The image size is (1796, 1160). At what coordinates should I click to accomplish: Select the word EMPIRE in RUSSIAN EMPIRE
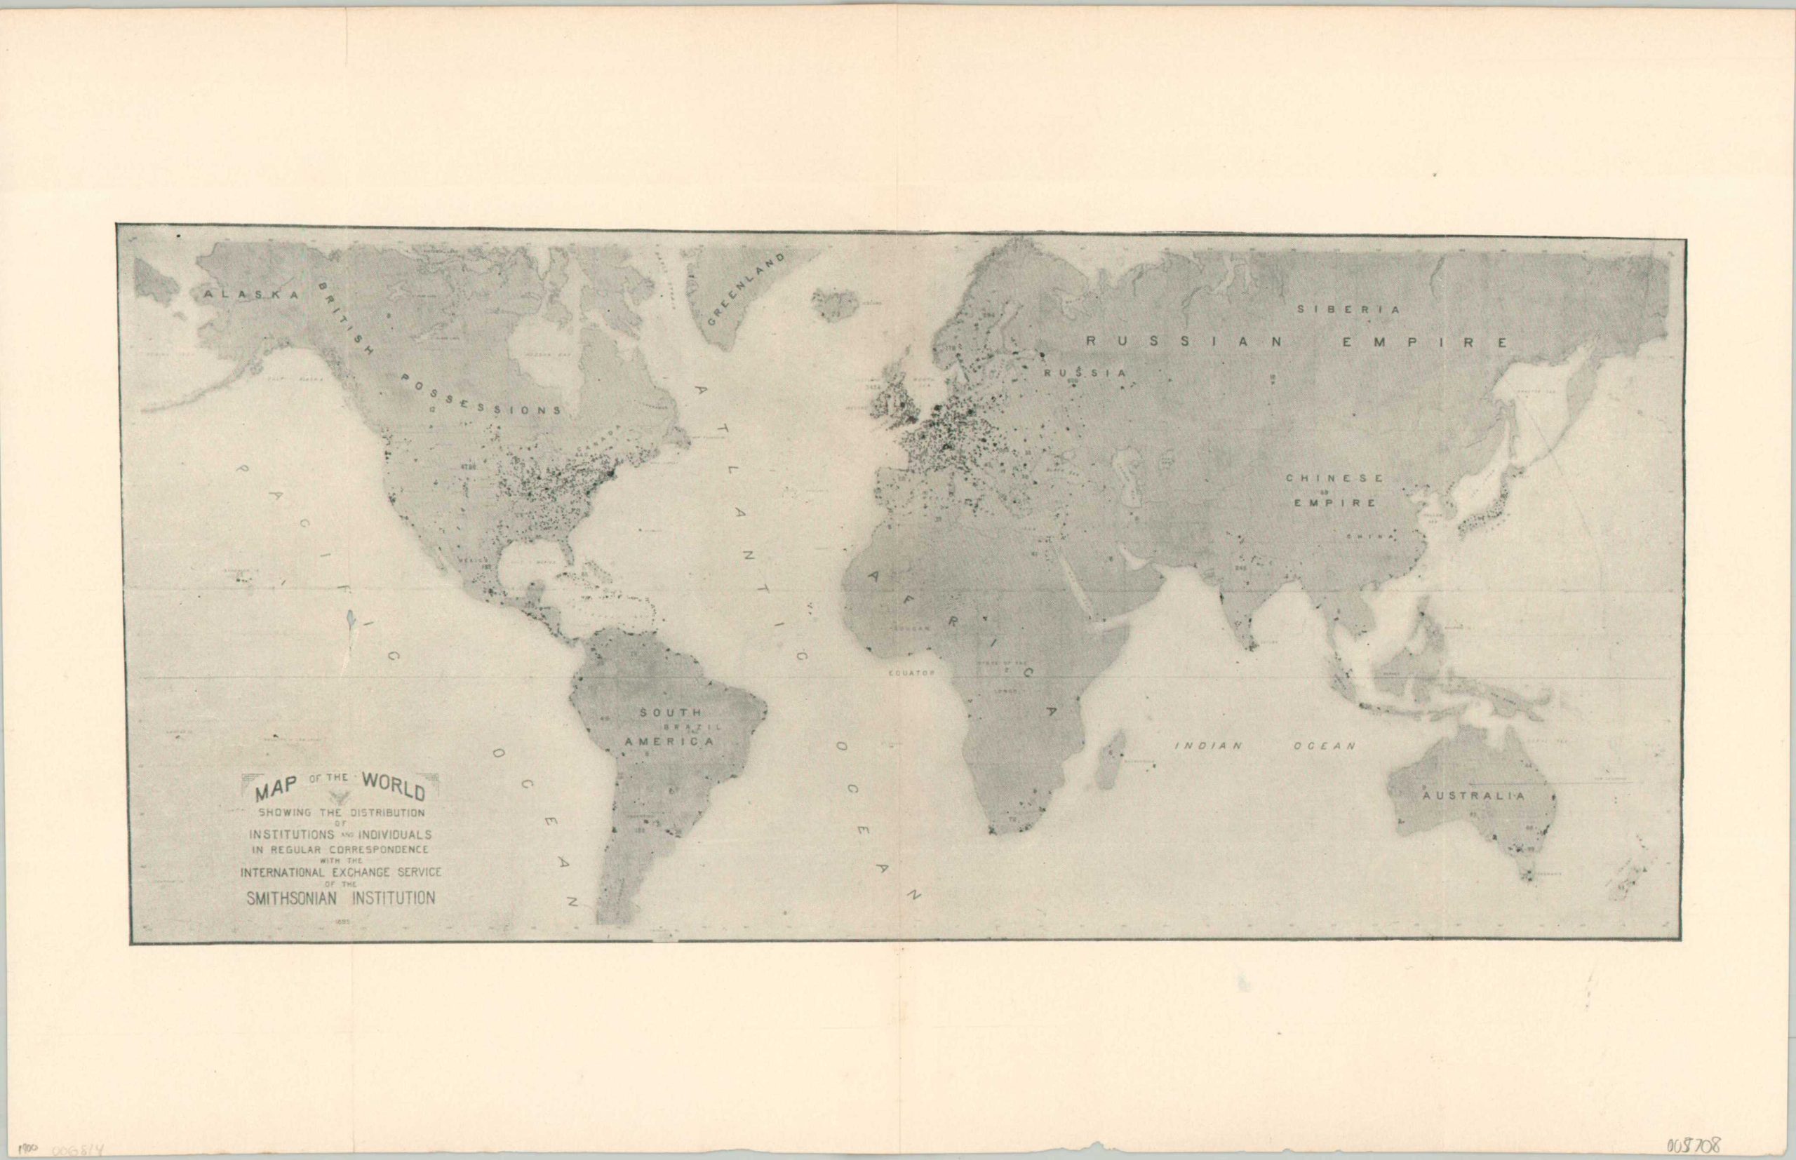pos(1426,342)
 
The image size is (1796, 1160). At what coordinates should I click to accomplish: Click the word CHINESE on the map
pos(1334,478)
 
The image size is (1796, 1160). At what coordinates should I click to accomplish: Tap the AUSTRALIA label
pos(1473,795)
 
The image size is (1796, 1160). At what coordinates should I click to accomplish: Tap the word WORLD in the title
pos(394,784)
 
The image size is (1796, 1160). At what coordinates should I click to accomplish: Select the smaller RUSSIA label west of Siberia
pos(1085,373)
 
